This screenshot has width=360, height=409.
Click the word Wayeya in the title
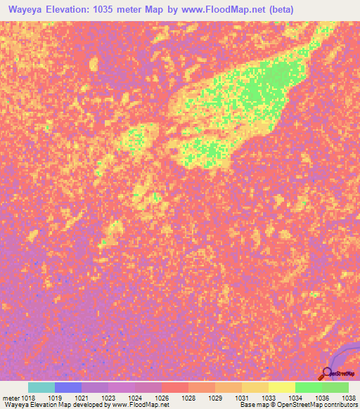[25, 10]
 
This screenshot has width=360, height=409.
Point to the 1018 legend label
[27, 397]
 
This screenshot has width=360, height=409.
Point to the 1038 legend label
[348, 397]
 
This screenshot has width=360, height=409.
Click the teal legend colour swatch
[41, 387]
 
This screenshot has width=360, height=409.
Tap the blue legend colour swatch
[67, 387]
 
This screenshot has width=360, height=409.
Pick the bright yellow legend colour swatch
[281, 387]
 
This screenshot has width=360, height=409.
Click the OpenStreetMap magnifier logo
[328, 373]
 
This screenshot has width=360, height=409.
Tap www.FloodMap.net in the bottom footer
[139, 405]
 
